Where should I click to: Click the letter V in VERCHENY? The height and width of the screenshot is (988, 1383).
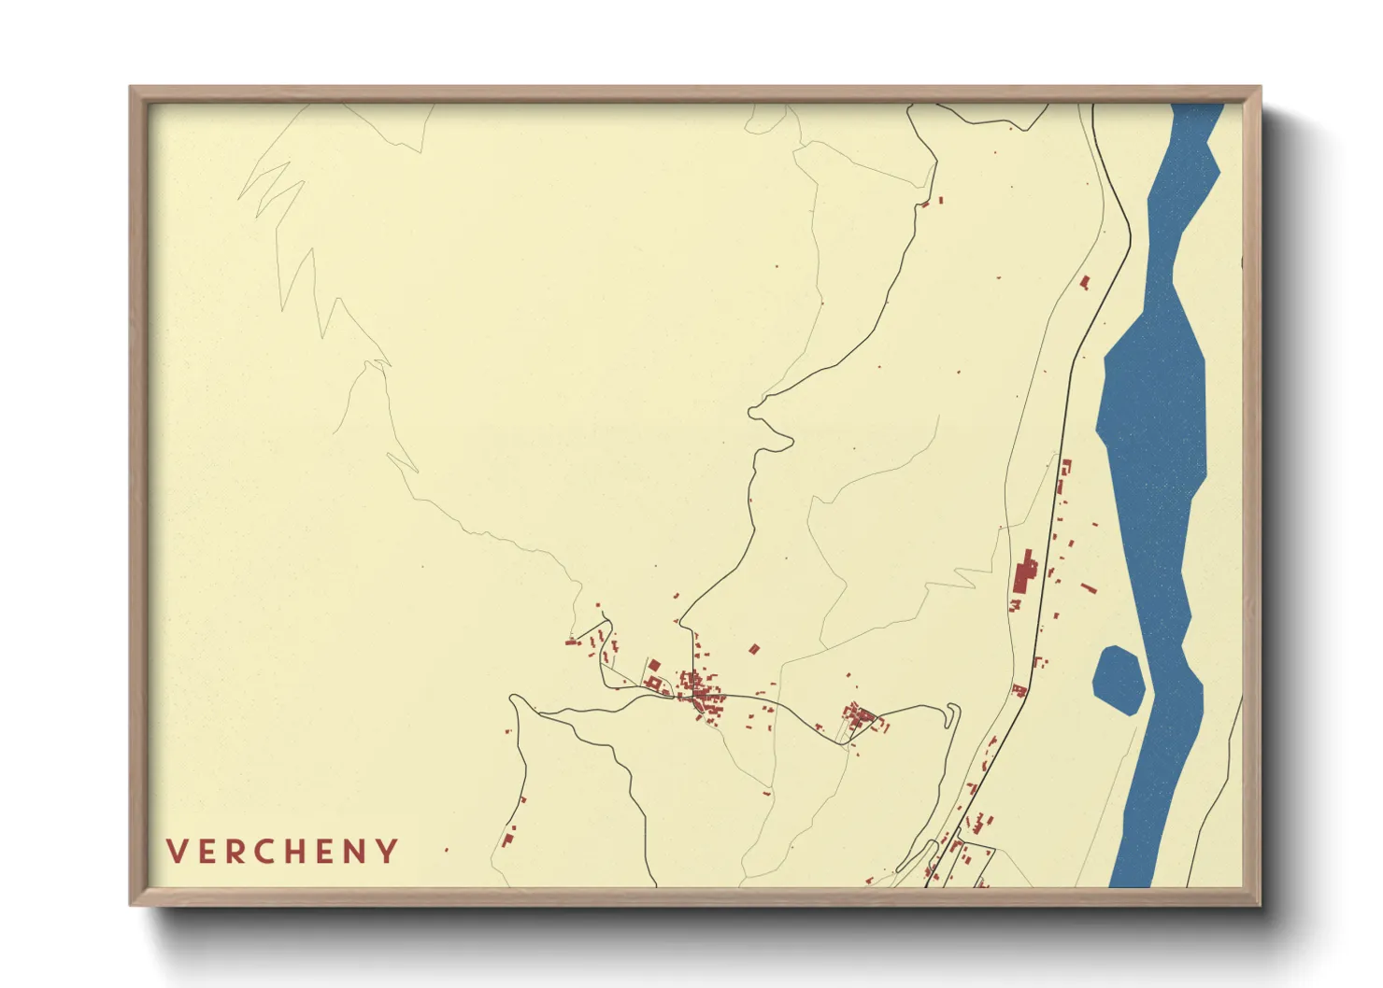click(x=176, y=852)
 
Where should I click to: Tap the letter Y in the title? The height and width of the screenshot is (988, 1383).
click(x=388, y=852)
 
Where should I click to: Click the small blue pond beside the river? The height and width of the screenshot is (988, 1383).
click(x=1119, y=679)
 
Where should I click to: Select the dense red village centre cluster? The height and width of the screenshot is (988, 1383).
click(x=698, y=693)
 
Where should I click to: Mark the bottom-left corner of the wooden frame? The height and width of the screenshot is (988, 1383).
click(x=133, y=903)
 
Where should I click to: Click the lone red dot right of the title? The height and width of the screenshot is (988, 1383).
click(x=446, y=850)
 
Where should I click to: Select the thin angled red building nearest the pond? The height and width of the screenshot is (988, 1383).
click(x=1088, y=588)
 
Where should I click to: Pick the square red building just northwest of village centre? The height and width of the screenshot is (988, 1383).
click(x=654, y=665)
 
